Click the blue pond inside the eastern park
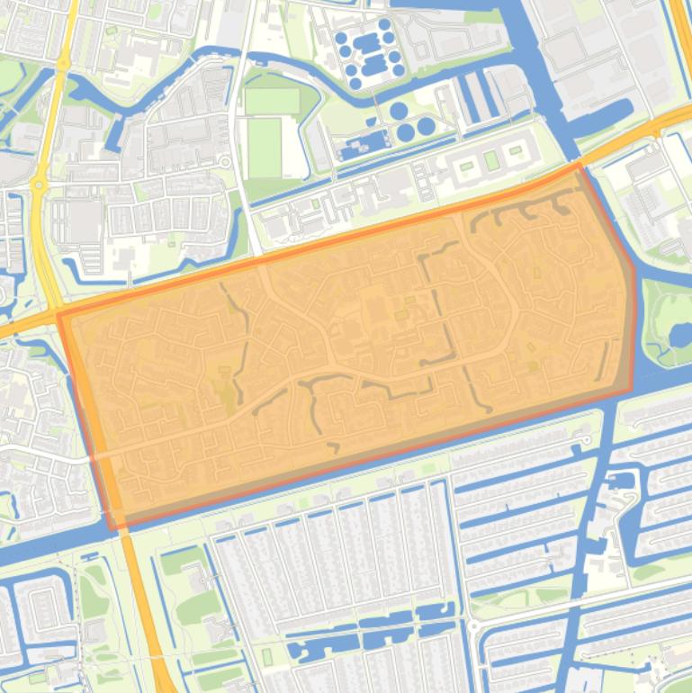coord(679,336)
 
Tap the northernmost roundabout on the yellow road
coord(63,64)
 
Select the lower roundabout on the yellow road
coord(38,184)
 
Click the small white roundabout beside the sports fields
coord(223,162)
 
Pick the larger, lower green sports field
coord(264,148)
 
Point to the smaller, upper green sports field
coord(271,101)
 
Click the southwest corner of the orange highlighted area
coord(110,527)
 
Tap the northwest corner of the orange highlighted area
coord(59,315)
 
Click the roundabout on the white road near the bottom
coord(472,625)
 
